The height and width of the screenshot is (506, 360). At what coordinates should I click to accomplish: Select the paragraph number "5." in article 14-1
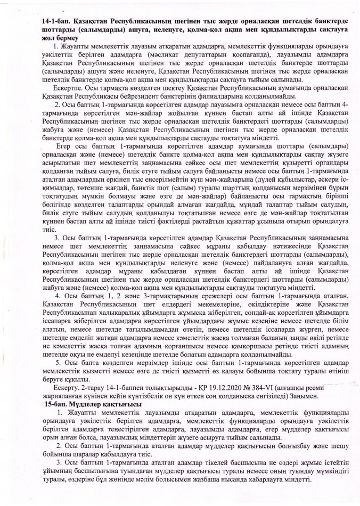click(x=58, y=361)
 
